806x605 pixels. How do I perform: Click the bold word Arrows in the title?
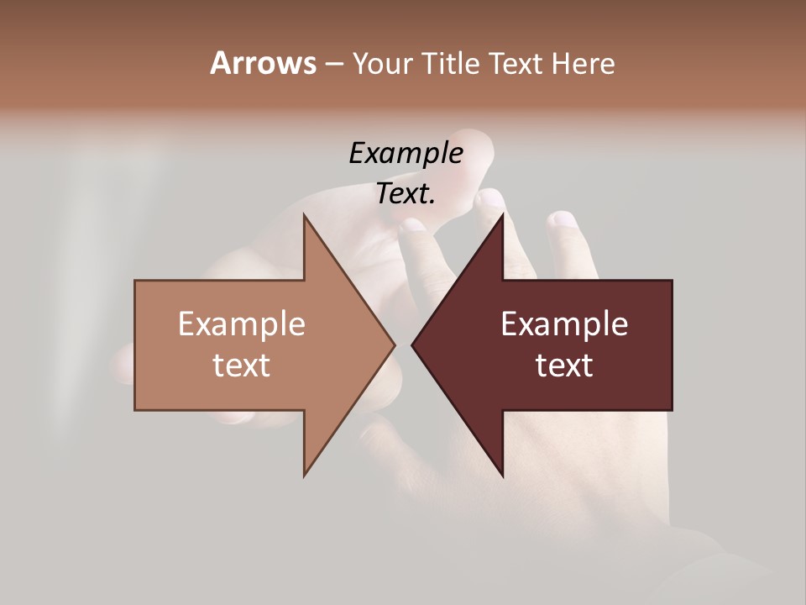click(x=263, y=63)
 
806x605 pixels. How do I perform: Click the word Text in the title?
click(x=518, y=64)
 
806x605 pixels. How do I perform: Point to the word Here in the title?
click(x=584, y=64)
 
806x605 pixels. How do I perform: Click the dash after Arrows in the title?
click(x=334, y=65)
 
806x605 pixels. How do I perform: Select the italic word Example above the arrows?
click(x=406, y=154)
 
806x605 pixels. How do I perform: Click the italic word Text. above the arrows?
click(x=406, y=194)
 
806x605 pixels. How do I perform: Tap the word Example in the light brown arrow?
click(x=242, y=324)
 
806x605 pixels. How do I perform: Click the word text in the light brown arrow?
click(x=242, y=366)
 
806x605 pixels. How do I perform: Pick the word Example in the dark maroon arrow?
click(x=564, y=324)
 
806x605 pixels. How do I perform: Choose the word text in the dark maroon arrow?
click(x=564, y=366)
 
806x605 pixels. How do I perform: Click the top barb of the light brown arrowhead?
click(x=306, y=219)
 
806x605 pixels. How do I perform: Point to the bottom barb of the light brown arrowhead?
click(x=306, y=471)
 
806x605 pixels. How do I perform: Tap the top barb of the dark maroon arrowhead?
click(x=501, y=219)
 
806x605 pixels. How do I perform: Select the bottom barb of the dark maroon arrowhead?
click(x=501, y=471)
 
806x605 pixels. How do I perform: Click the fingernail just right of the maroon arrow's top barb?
click(x=563, y=220)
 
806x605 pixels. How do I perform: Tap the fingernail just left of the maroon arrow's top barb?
click(x=489, y=200)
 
